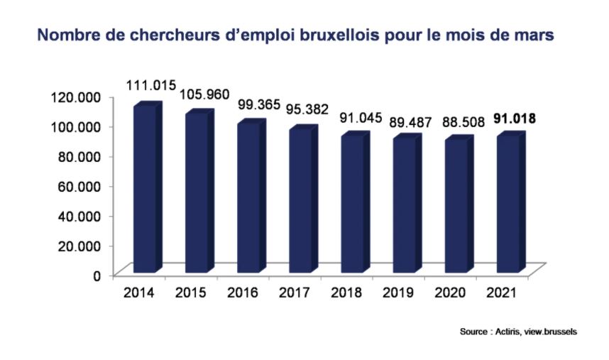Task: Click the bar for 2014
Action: click(145, 190)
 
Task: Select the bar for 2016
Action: click(248, 198)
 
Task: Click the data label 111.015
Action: click(150, 86)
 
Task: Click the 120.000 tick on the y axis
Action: click(77, 97)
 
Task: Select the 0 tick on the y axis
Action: click(97, 275)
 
